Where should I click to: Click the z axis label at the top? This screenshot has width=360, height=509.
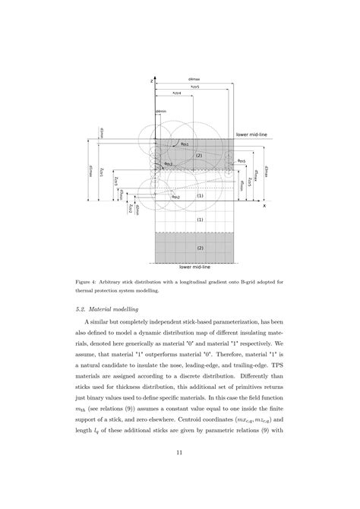153,80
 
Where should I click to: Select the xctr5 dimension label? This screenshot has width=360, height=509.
194,87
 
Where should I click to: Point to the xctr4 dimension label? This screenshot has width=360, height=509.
177,93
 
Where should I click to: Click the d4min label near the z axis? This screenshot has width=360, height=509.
160,112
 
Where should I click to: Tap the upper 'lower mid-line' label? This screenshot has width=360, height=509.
253,133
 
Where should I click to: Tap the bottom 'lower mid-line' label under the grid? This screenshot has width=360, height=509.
194,267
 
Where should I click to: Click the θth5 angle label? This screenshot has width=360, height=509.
241,161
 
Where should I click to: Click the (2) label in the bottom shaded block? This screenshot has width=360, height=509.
200,248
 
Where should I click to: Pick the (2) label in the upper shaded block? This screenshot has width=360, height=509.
199,155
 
